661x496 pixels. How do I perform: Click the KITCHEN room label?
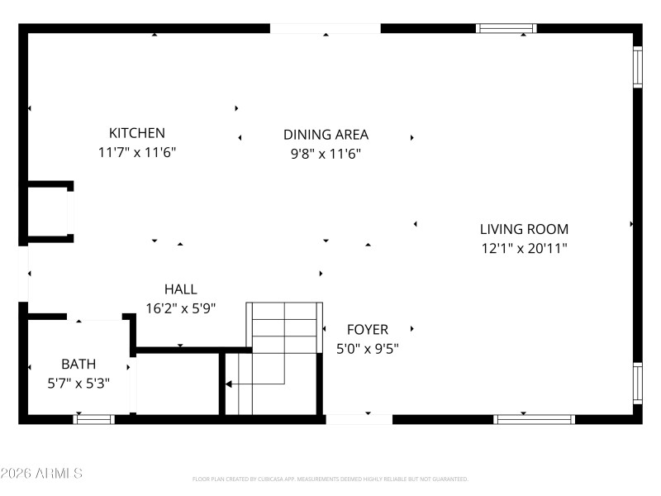point(137,133)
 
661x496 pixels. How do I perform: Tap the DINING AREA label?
point(326,135)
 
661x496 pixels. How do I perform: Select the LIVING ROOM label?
point(524,229)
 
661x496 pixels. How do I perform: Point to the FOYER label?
point(368,330)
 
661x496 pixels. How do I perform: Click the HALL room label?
point(180,289)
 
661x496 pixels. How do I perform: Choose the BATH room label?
point(78,364)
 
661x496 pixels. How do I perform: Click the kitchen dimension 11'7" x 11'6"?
point(137,153)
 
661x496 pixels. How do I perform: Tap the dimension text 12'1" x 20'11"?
point(524,248)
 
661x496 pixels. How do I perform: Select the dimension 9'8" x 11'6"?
point(326,154)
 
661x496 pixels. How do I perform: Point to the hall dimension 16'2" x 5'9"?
point(180,308)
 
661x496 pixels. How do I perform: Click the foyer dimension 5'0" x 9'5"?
point(368,349)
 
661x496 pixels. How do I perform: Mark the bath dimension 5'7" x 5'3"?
point(78,384)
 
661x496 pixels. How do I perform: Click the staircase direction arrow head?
point(229,384)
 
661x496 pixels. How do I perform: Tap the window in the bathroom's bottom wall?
point(93,419)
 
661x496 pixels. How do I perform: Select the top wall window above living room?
point(506,28)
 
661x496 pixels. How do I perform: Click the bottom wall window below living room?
point(534,419)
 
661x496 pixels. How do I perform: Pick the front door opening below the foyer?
point(359,419)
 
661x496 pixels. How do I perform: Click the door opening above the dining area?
point(326,28)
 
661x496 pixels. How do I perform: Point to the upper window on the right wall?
point(637,66)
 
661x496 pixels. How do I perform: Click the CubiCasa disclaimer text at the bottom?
point(330,479)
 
